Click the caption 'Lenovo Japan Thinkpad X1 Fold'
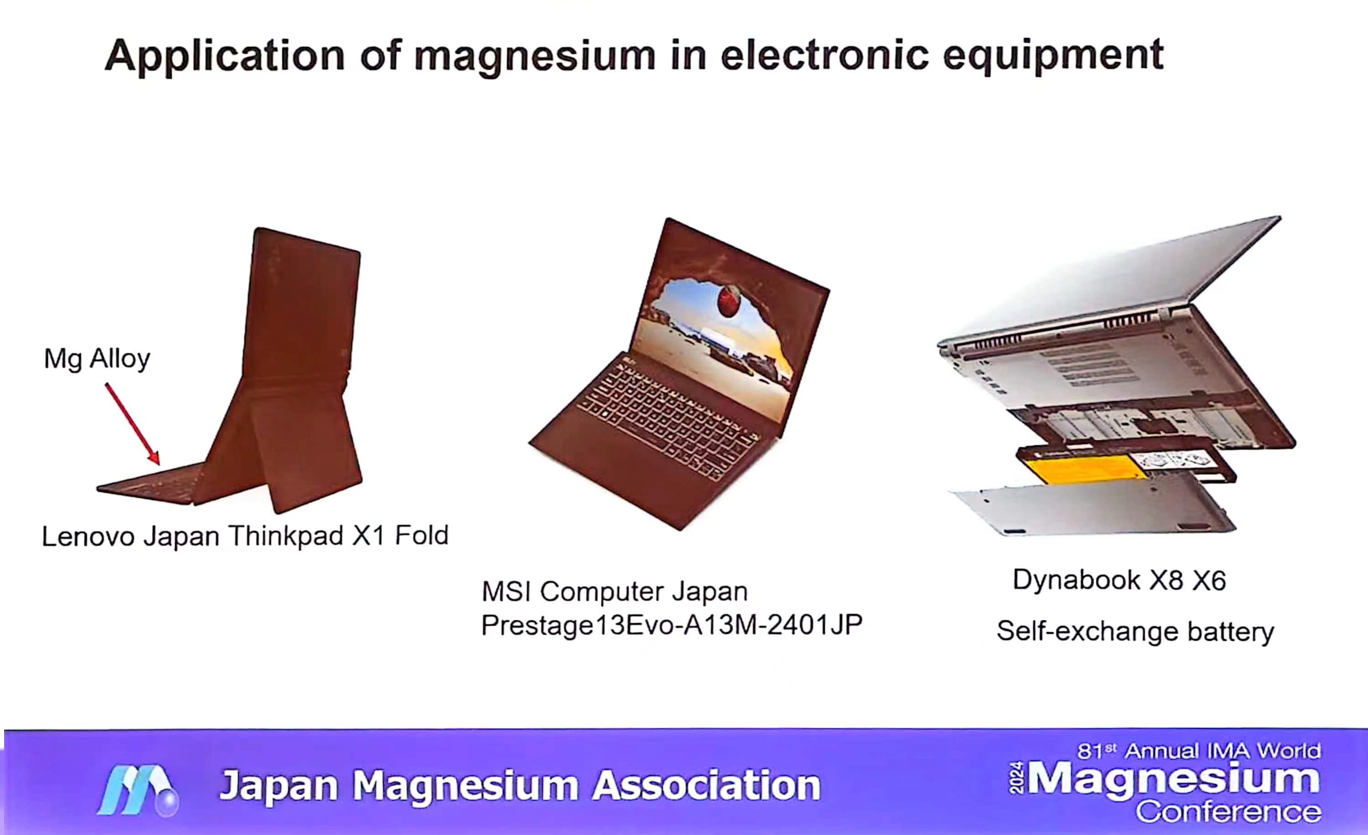click(x=245, y=536)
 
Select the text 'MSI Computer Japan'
click(x=615, y=592)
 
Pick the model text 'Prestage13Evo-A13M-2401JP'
click(x=672, y=625)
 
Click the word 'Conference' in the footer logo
click(x=1228, y=812)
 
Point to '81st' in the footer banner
click(x=1097, y=751)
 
